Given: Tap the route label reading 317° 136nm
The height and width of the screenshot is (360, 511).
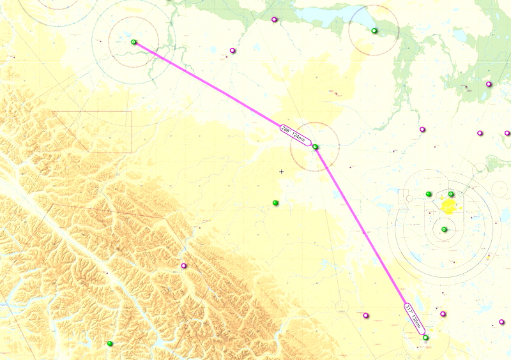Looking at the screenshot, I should (x=413, y=317).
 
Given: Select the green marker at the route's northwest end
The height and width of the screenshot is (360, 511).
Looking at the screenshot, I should (x=133, y=42).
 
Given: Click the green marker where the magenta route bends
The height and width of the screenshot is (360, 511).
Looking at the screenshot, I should (x=315, y=147).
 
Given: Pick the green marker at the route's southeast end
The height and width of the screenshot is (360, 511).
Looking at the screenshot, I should (x=425, y=338).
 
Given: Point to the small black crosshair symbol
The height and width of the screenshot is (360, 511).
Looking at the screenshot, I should (x=281, y=171).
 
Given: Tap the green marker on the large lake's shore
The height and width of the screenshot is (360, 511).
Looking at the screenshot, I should (x=374, y=31).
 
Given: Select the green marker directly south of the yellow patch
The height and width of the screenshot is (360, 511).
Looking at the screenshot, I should (x=444, y=230).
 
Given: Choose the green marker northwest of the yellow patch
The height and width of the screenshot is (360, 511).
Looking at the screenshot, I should (x=429, y=194).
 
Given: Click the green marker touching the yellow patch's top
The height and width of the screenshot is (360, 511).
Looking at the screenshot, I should (x=451, y=194).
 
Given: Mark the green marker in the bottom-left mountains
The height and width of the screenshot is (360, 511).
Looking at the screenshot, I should (x=110, y=344).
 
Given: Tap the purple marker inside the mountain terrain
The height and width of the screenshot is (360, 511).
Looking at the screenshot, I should (x=184, y=266).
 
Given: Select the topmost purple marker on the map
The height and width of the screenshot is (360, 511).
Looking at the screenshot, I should (x=274, y=20).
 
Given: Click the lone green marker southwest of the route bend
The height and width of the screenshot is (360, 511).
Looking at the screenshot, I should (x=275, y=203).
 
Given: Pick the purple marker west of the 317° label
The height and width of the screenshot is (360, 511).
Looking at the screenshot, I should (x=366, y=315).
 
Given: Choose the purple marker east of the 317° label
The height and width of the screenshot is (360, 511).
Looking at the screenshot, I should (x=443, y=314).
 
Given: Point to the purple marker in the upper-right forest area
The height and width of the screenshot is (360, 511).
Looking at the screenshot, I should (x=489, y=84).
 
